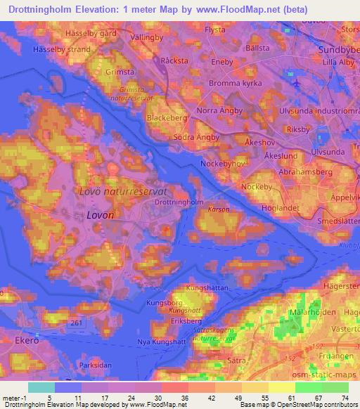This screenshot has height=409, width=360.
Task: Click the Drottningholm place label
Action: coord(178,202)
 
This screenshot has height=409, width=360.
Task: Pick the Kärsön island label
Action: coord(219,209)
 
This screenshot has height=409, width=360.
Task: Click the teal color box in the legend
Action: coord(41,387)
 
